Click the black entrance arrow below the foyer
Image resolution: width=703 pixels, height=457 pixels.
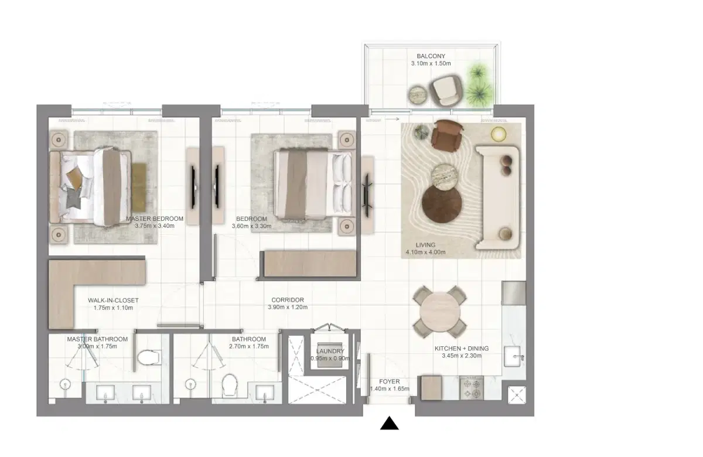pos(390,424)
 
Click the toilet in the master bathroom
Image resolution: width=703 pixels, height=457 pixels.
pos(148,357)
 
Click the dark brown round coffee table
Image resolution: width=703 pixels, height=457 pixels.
pos(442,203)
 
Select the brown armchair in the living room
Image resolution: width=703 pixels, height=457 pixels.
pos(446,135)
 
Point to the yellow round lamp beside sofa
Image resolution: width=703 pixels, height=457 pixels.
pos(499,134)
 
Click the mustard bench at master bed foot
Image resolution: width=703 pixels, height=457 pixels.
pos(139,179)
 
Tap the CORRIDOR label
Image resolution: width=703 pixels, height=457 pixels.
pos(287,300)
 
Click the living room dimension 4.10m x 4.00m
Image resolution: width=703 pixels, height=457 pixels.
pos(425,253)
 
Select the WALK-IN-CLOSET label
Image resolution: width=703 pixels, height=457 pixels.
pos(113,301)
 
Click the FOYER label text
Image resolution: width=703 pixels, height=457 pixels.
pos(389,381)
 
